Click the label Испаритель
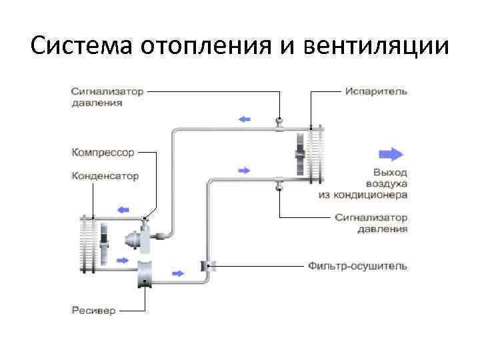tap(376, 91)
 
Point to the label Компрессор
tap(103, 153)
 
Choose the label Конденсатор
tap(105, 177)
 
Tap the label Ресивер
tap(93, 311)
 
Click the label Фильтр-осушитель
tap(357, 266)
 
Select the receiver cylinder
tap(145, 273)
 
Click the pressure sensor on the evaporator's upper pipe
tap(279, 123)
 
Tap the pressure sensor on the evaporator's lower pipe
tap(279, 184)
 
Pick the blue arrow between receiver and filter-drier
tap(178, 273)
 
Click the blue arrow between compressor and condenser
tap(122, 209)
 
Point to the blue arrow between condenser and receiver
tap(123, 260)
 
